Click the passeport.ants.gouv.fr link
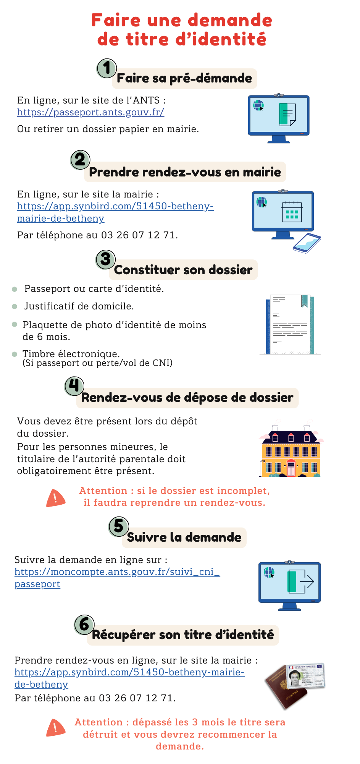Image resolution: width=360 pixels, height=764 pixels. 90,112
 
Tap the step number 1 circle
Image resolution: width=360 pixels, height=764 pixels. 107,68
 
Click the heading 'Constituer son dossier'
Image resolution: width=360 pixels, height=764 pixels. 183,270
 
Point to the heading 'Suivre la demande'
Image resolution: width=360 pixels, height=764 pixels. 184,537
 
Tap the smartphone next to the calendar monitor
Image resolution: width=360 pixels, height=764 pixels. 307,243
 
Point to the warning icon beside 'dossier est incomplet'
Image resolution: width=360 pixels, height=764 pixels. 55,498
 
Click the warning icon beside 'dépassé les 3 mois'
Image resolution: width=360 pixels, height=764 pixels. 55,728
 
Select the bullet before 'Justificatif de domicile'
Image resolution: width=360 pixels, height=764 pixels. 15,306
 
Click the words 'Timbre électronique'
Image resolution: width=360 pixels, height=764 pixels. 71,354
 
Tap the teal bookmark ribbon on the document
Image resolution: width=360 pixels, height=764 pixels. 304,301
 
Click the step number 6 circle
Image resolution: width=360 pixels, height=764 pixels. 84,625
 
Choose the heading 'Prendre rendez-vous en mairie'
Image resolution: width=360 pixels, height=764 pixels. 185,172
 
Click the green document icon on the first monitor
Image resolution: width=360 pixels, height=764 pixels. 287,114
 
